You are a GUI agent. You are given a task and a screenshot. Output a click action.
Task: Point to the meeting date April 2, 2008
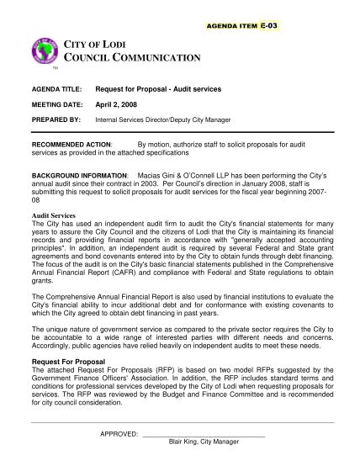142,104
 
